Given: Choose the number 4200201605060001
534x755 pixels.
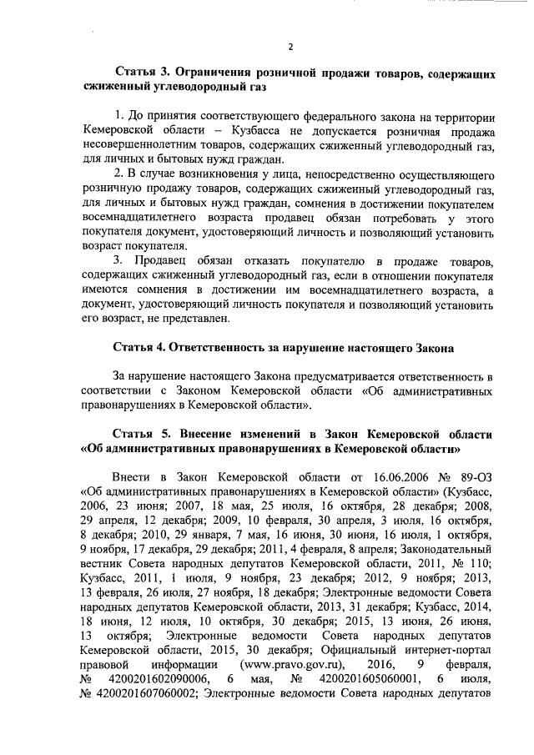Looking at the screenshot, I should click(x=365, y=679).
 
